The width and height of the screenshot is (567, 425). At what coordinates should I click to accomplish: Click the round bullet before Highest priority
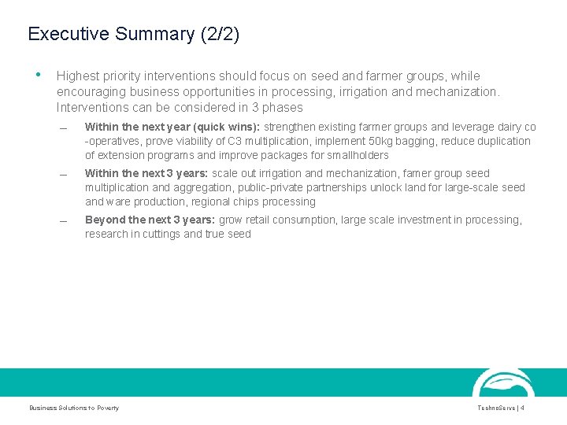point(38,76)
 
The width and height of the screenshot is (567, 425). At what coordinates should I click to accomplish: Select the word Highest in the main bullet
point(79,76)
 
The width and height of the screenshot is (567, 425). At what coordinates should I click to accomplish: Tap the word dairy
point(502,127)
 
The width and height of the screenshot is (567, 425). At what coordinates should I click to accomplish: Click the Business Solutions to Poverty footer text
point(74,408)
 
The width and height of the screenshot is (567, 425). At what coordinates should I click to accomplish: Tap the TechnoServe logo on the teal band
point(503,383)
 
